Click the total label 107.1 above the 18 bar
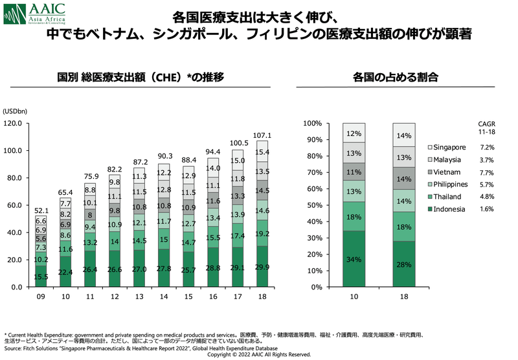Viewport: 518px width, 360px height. click(x=263, y=135)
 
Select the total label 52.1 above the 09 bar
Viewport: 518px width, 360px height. click(x=41, y=210)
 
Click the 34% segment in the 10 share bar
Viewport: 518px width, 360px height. click(x=353, y=259)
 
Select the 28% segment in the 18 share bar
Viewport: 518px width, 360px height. click(x=403, y=264)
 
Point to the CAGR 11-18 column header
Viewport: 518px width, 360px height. click(x=486, y=127)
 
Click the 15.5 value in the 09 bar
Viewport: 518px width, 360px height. click(x=41, y=277)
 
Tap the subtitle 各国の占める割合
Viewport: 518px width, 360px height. click(x=395, y=77)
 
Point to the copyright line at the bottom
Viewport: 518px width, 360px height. click(x=259, y=355)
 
